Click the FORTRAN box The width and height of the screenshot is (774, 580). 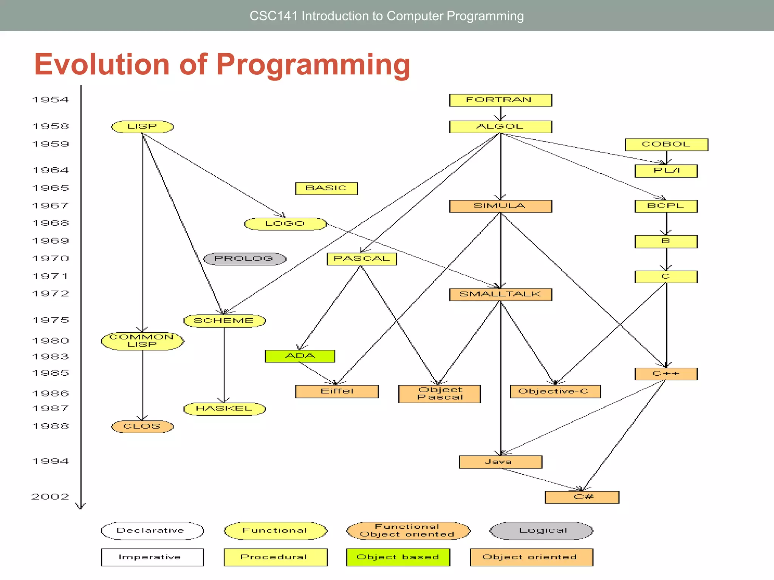500,100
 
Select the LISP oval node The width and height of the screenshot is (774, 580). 142,126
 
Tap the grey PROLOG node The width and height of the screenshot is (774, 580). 245,259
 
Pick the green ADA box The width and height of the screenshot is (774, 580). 300,356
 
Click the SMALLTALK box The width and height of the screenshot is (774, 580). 500,294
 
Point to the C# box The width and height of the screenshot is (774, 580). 582,497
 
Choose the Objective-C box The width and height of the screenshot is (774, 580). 555,391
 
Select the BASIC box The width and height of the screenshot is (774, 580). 326,188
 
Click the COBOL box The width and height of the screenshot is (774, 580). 666,144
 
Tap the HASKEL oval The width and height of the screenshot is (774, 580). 224,409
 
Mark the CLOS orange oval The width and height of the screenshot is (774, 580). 142,426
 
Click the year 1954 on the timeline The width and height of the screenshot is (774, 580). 51,100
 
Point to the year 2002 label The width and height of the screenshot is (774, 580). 50,497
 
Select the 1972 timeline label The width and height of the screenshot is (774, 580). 51,294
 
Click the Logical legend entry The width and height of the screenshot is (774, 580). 542,531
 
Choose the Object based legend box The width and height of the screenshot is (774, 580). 398,557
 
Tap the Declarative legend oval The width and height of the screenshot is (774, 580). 152,531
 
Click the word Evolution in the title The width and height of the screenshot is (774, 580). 101,64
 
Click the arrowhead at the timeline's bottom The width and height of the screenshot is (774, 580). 80,506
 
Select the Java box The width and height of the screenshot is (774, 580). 500,462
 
